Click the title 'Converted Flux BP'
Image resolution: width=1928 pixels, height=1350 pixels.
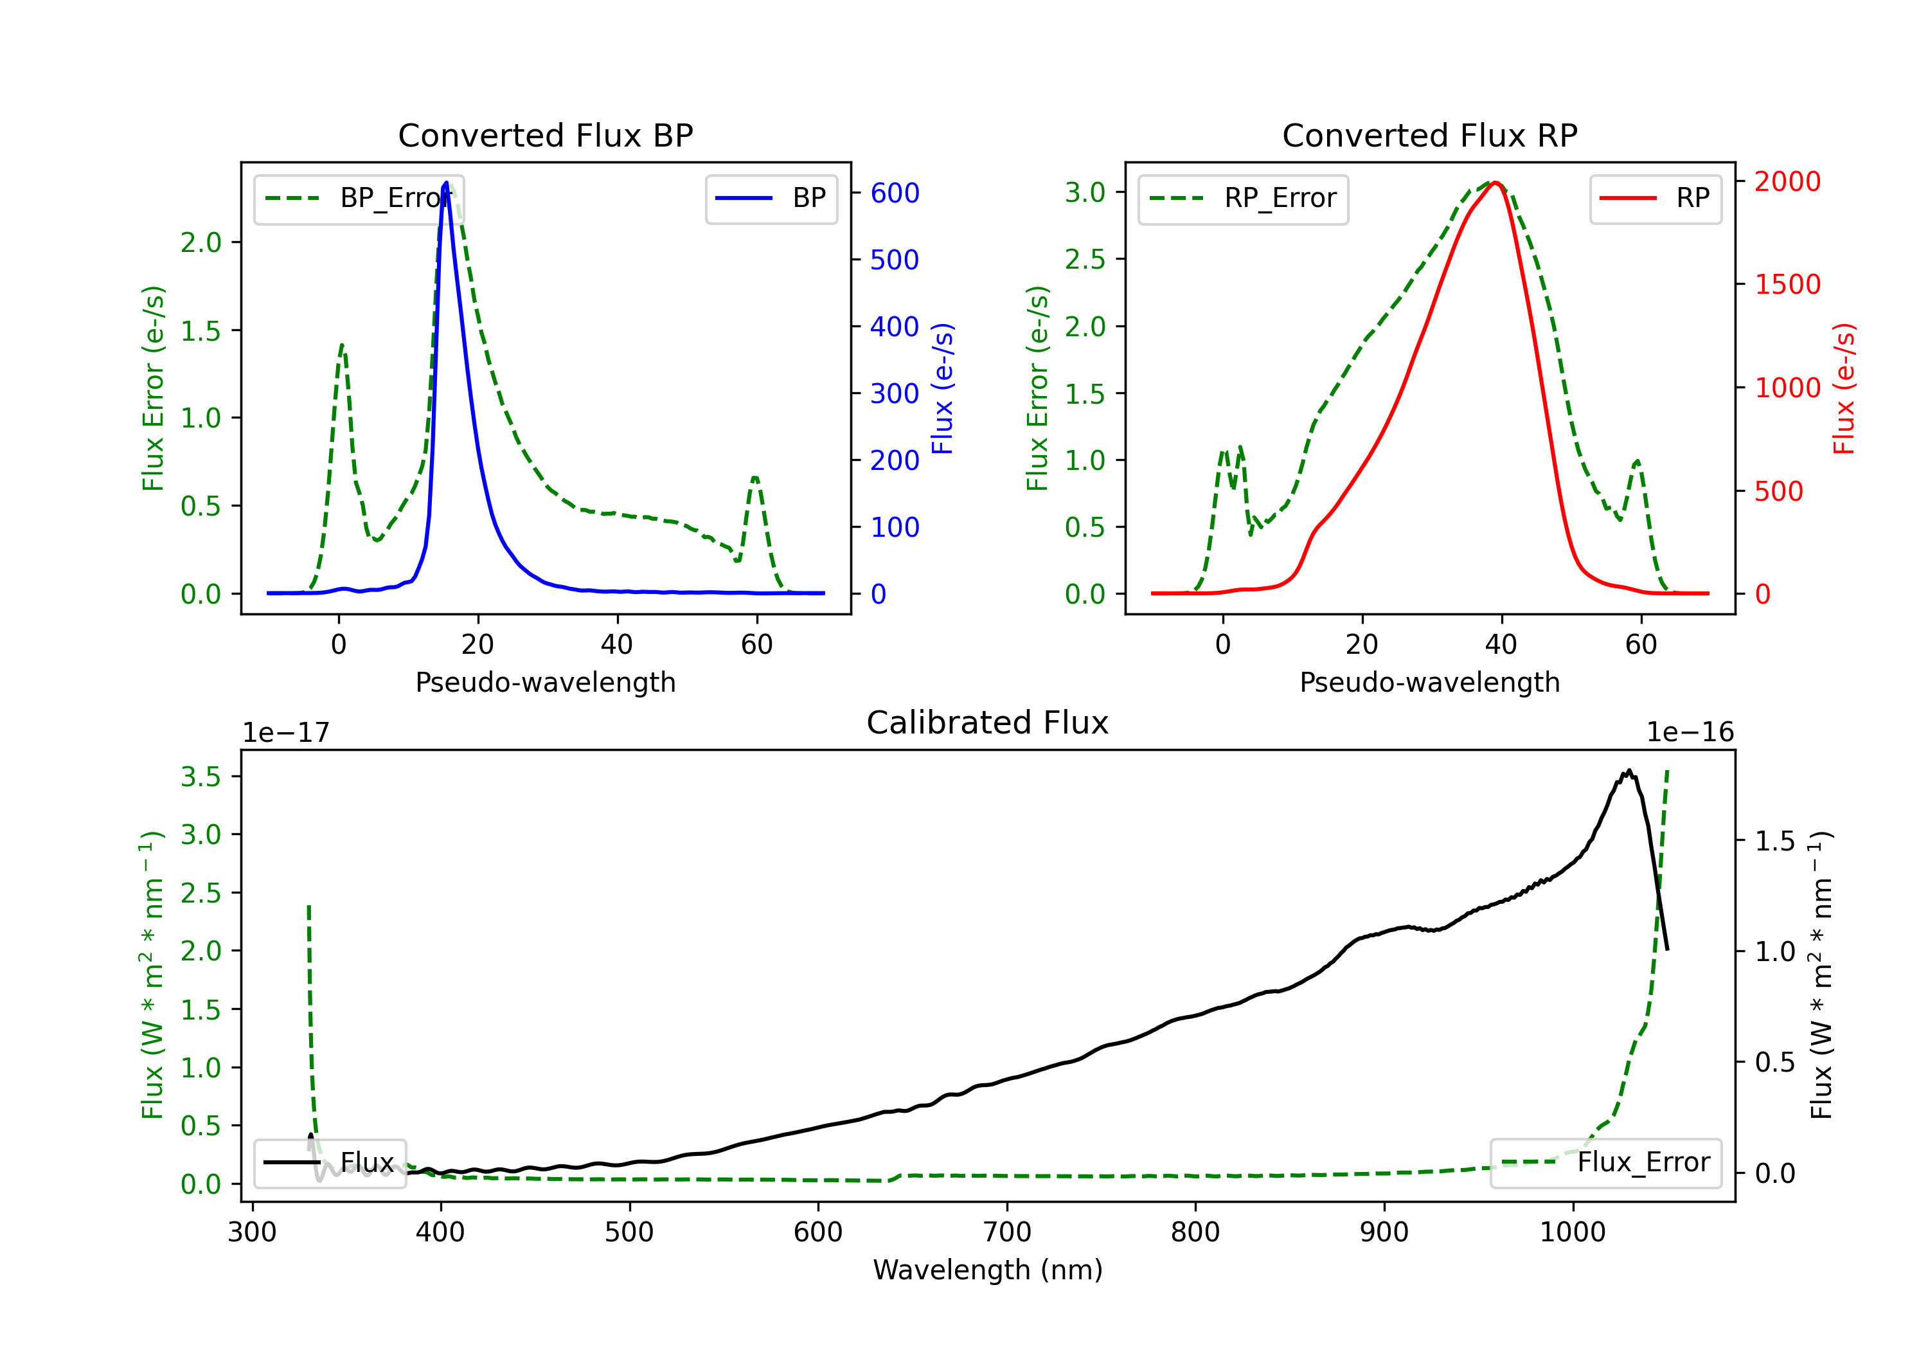[x=545, y=135]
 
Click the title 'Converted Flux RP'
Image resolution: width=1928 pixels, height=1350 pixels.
[x=1429, y=135]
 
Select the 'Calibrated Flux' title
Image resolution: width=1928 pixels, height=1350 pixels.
[x=988, y=723]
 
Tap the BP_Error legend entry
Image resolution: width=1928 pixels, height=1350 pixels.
[x=359, y=198]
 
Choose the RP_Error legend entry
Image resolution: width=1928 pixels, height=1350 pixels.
[x=1243, y=198]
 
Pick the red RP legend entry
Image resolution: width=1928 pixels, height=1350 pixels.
[x=1655, y=198]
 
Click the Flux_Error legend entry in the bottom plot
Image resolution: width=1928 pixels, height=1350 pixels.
[x=1605, y=1163]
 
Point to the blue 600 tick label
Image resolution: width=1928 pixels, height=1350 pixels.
[x=895, y=194]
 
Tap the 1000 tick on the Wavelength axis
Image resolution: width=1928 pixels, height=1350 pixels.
[x=1573, y=1232]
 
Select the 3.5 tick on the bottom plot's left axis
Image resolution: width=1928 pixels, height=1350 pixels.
[x=201, y=776]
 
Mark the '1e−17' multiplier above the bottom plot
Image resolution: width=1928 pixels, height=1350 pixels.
[x=285, y=733]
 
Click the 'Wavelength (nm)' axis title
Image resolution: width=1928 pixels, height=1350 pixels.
[x=988, y=1270]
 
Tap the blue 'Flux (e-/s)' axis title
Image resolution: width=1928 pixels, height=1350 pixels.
[x=942, y=389]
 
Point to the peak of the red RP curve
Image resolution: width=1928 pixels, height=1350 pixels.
[x=1495, y=183]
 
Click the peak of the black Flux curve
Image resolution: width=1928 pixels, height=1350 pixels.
[x=1629, y=770]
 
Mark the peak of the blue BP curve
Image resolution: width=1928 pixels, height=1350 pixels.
[x=446, y=183]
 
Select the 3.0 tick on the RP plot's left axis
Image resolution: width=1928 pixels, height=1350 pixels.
[x=1085, y=192]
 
